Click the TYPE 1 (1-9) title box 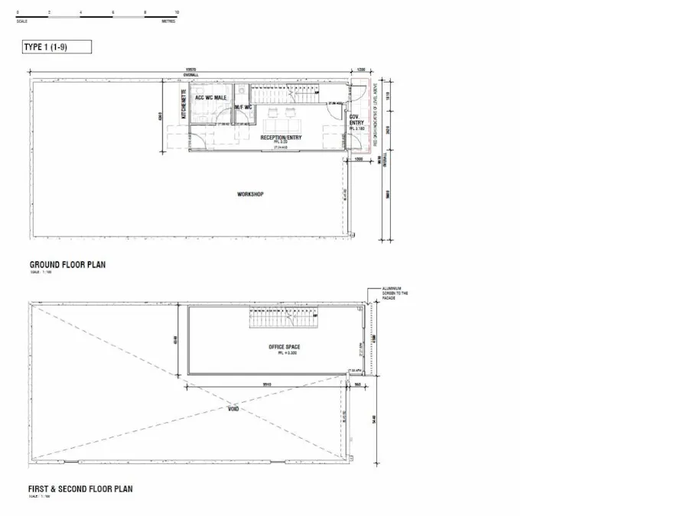[57, 47]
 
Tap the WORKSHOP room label [250, 195]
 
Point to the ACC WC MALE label [211, 99]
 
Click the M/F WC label [243, 107]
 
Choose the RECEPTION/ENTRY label [281, 138]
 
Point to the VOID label [233, 409]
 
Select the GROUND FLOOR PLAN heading [67, 265]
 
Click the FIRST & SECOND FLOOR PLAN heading [81, 488]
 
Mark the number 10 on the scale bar [177, 13]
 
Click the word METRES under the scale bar [169, 21]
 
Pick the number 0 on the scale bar [17, 13]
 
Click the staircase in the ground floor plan [280, 95]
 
